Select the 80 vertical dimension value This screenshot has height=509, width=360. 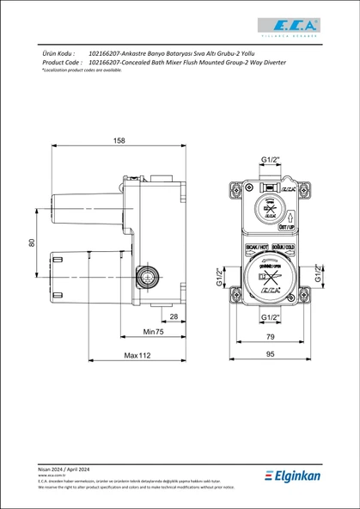tap(33, 243)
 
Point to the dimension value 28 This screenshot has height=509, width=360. tap(173, 317)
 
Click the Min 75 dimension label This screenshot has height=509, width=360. tap(153, 331)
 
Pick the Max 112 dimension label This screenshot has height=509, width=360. tap(137, 355)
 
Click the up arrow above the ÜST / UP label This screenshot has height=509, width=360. tap(290, 218)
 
